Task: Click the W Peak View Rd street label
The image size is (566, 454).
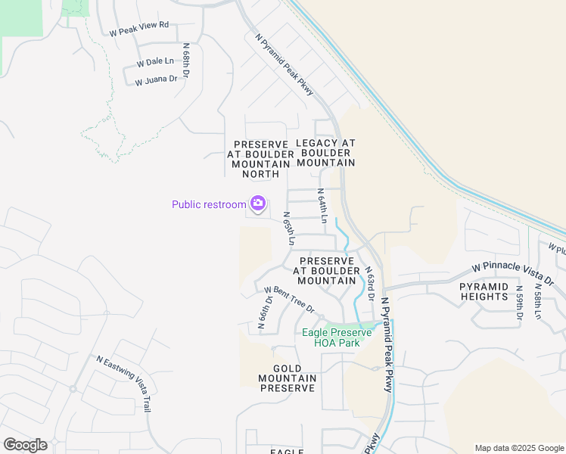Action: tap(138, 29)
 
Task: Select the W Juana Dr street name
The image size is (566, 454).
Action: tap(156, 79)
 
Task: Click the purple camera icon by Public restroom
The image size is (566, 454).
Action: tap(258, 204)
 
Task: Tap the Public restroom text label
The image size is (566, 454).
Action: tap(209, 204)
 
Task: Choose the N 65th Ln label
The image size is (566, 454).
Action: tap(288, 228)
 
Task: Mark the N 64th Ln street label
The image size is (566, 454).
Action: tap(322, 206)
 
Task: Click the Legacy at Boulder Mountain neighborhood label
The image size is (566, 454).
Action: tap(325, 153)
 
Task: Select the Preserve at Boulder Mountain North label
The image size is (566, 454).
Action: tap(260, 159)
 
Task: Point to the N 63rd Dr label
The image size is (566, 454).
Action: tap(370, 283)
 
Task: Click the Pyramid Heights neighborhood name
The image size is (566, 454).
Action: tap(484, 291)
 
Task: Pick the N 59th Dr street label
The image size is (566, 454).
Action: tap(520, 302)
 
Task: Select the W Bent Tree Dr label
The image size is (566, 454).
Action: tap(288, 298)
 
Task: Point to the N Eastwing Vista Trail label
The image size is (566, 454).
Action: tap(123, 384)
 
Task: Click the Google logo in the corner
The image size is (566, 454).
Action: tap(25, 445)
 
